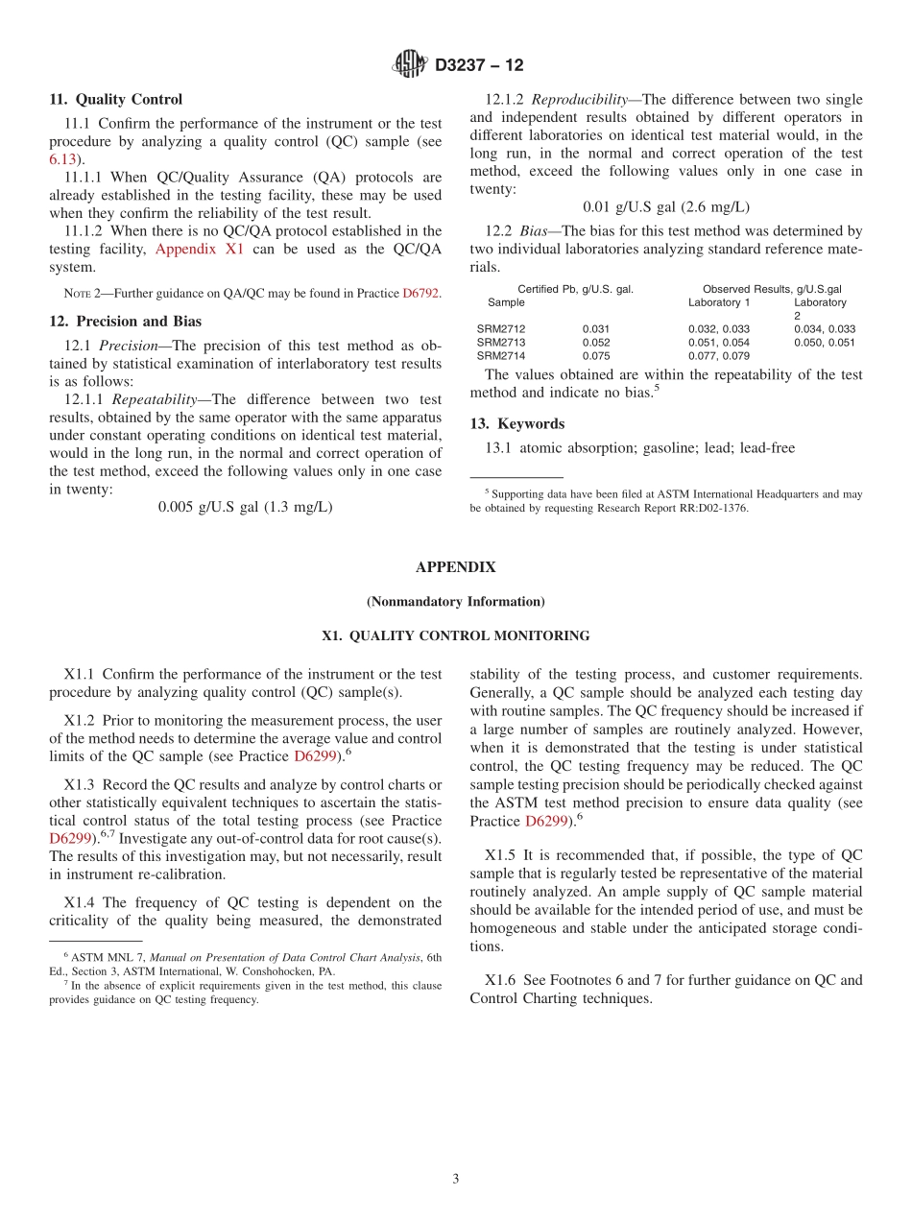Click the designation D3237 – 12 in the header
point(479,66)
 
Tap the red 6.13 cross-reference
point(63,159)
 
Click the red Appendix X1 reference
point(200,250)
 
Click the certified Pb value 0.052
point(595,342)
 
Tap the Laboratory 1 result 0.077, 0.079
point(719,355)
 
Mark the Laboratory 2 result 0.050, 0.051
point(824,342)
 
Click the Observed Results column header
point(772,289)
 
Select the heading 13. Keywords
point(517,423)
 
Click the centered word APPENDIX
point(455,567)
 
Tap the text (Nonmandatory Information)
point(455,602)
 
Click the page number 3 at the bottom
point(456,1179)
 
